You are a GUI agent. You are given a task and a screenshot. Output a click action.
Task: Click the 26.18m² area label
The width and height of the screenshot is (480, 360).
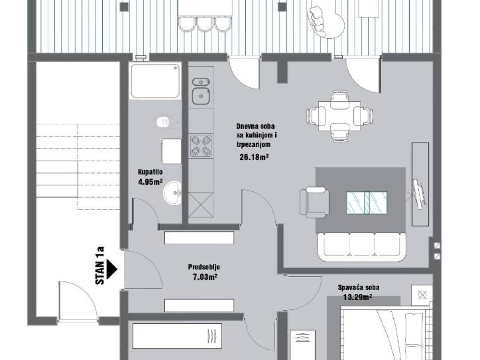(x=254, y=157)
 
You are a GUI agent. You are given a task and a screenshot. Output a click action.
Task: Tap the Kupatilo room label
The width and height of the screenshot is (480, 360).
(x=150, y=172)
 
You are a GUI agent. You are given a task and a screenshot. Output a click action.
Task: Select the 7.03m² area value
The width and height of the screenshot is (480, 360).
(x=205, y=277)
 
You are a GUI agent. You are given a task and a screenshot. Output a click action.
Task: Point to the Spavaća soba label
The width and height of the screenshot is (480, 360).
(x=359, y=287)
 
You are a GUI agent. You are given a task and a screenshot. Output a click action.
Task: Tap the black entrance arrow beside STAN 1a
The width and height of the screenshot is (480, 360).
(x=112, y=269)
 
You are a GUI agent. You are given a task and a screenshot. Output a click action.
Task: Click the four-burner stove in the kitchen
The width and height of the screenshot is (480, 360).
(x=201, y=146)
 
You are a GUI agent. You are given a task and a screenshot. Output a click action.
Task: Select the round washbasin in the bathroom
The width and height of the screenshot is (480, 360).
(x=172, y=193)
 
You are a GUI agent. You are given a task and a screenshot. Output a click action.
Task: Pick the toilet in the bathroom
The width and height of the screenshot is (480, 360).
(x=163, y=122)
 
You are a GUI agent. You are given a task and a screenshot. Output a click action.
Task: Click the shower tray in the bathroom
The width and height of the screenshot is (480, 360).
(x=155, y=81)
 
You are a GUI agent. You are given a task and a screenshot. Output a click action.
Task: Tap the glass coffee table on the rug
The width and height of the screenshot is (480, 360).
(x=367, y=202)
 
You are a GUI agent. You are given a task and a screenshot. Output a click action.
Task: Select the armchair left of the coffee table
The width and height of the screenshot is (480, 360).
(x=315, y=202)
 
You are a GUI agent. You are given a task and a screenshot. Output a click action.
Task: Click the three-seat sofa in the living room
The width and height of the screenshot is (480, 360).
(x=362, y=247)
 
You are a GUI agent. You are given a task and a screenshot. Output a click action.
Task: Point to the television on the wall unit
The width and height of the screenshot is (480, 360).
(x=418, y=194)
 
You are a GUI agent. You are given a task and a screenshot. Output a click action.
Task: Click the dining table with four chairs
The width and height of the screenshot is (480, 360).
(x=339, y=116)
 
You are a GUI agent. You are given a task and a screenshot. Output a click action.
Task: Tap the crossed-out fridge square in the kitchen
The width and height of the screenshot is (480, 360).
(x=201, y=205)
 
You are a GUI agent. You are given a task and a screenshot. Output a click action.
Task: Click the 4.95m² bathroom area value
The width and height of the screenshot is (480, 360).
(x=150, y=182)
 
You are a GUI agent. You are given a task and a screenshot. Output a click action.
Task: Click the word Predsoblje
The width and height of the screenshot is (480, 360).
(x=204, y=267)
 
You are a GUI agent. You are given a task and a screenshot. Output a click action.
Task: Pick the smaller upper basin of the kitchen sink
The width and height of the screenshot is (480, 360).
(x=201, y=82)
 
